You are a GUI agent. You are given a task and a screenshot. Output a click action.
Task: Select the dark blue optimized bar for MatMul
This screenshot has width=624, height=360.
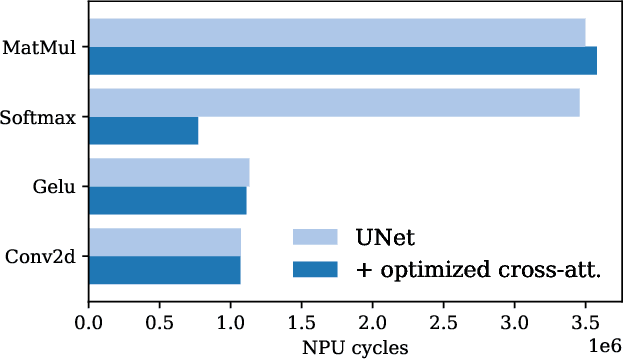343,60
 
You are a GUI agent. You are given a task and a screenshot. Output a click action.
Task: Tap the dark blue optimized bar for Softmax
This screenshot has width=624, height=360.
143,130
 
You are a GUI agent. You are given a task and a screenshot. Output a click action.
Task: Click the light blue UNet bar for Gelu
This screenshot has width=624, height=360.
169,172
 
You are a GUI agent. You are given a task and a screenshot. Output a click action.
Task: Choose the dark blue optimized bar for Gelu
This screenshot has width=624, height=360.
167,200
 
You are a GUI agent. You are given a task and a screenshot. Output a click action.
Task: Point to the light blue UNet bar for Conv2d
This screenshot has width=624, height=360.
165,242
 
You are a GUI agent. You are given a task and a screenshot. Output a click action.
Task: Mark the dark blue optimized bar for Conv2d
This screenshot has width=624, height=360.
164,270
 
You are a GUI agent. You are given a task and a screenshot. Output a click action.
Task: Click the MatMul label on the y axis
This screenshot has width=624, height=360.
42,46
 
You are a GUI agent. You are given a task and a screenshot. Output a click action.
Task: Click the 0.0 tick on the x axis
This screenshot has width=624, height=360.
89,324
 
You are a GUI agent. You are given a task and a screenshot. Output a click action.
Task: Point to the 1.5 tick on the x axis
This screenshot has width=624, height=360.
302,324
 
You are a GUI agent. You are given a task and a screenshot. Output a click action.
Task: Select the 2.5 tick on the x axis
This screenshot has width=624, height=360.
443,324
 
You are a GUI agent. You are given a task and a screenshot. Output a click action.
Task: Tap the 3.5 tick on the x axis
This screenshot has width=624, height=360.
585,324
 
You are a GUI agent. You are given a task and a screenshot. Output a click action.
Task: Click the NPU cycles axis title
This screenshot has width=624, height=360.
355,347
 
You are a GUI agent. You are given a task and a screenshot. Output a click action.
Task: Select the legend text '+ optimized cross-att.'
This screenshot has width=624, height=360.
477,269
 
